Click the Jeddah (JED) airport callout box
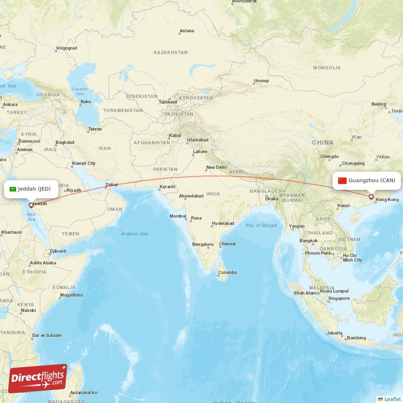[x=31, y=189]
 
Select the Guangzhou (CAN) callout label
[x=366, y=180]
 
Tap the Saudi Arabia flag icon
[x=13, y=189]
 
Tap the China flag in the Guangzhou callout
[x=343, y=180]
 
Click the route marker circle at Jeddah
[x=31, y=205]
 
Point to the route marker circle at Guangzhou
[x=371, y=197]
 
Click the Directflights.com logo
[x=38, y=378]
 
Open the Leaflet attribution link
[x=392, y=399]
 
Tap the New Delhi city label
[x=216, y=168]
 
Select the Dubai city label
[x=111, y=184]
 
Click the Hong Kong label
[x=387, y=200]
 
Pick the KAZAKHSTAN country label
[x=170, y=52]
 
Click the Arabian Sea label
[x=135, y=234]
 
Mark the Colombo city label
[x=227, y=273]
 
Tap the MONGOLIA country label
[x=327, y=68]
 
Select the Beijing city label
[x=378, y=104]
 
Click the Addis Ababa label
[x=43, y=263]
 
